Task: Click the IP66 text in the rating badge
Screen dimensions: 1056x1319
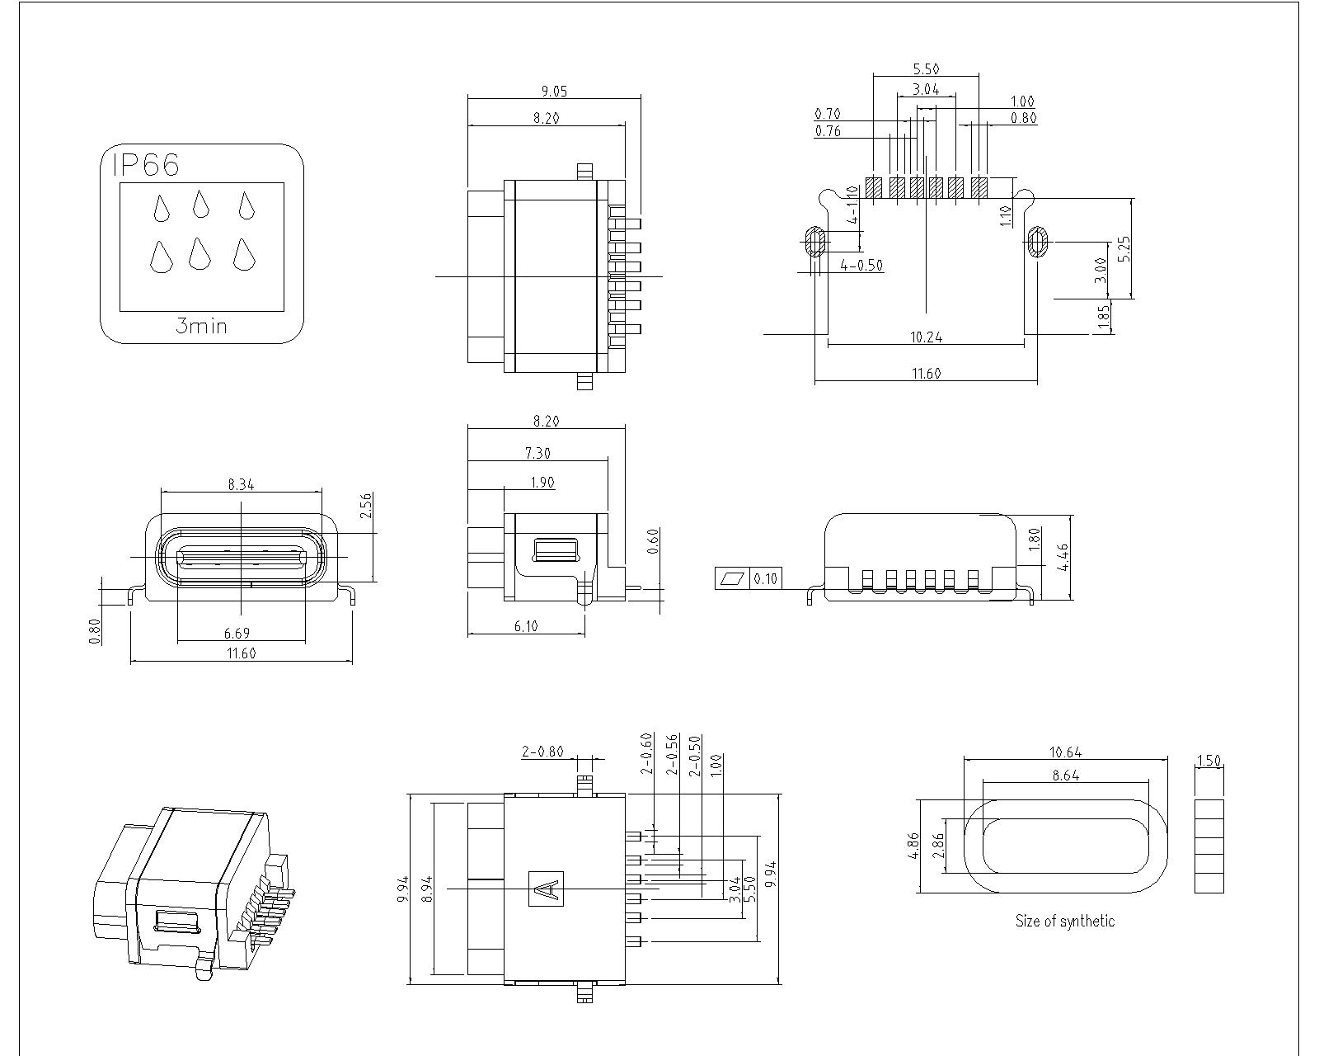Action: pyautogui.click(x=145, y=165)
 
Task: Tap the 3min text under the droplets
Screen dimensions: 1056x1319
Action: pyautogui.click(x=201, y=326)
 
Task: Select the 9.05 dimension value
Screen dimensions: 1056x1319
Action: pyautogui.click(x=554, y=91)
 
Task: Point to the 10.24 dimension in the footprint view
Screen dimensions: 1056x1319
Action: pyautogui.click(x=926, y=337)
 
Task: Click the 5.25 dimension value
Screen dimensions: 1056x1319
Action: pyautogui.click(x=1125, y=248)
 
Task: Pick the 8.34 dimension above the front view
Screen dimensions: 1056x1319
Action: pyautogui.click(x=241, y=484)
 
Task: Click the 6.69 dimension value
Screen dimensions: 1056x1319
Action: pyautogui.click(x=237, y=633)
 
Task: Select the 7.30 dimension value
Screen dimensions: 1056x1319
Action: pyautogui.click(x=537, y=453)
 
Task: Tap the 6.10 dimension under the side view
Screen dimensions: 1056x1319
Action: pyautogui.click(x=526, y=626)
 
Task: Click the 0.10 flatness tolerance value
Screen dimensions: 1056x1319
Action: pyautogui.click(x=766, y=578)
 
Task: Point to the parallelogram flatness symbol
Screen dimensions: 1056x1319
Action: pyautogui.click(x=732, y=578)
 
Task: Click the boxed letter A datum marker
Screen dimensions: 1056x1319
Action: pyautogui.click(x=546, y=889)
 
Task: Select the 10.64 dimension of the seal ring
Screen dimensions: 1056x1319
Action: pyautogui.click(x=1065, y=752)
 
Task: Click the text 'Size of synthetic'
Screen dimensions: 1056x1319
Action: pyautogui.click(x=1064, y=921)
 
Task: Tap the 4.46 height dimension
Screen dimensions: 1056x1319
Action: pyautogui.click(x=1063, y=558)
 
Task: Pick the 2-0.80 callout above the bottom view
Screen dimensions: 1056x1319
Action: pyautogui.click(x=542, y=751)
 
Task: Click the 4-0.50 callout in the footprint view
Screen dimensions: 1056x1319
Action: pyautogui.click(x=861, y=265)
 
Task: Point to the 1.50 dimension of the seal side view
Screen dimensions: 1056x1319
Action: pyautogui.click(x=1209, y=760)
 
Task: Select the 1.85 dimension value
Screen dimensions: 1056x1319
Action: pyautogui.click(x=1104, y=318)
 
